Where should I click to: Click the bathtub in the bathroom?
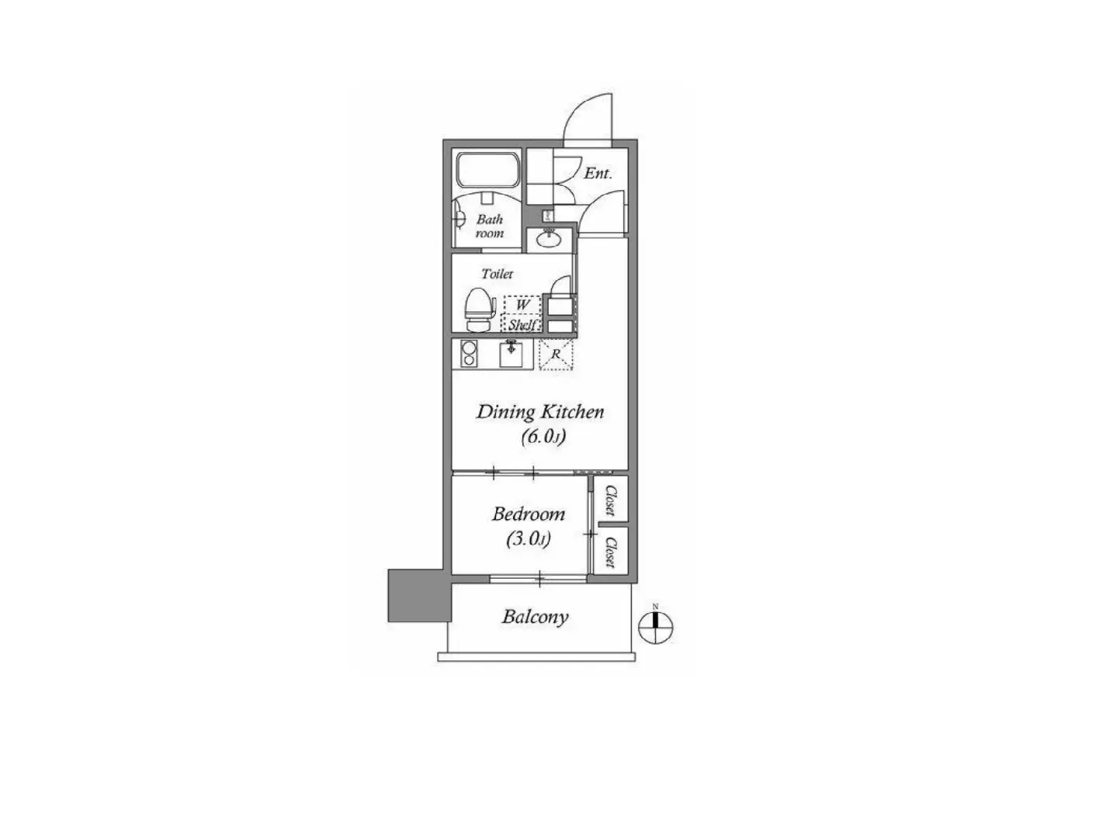click(487, 170)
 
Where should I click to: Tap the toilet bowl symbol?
click(478, 310)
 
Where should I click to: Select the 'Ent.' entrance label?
click(598, 174)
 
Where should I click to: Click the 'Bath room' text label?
click(489, 226)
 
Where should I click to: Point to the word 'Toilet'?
click(497, 274)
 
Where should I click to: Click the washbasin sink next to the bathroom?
click(550, 240)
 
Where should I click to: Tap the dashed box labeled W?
click(522, 304)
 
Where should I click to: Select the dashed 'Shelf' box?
click(522, 324)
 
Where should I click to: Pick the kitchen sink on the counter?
click(511, 354)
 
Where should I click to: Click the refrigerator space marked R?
click(556, 355)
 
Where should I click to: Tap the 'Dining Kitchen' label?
click(540, 412)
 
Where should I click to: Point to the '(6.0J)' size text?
click(543, 438)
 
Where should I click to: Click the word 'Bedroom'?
click(529, 514)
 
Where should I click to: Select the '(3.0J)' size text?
click(529, 539)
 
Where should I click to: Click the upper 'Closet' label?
click(609, 500)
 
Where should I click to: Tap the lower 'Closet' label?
click(609, 552)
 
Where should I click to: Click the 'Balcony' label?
click(536, 617)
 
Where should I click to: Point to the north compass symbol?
click(656, 627)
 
